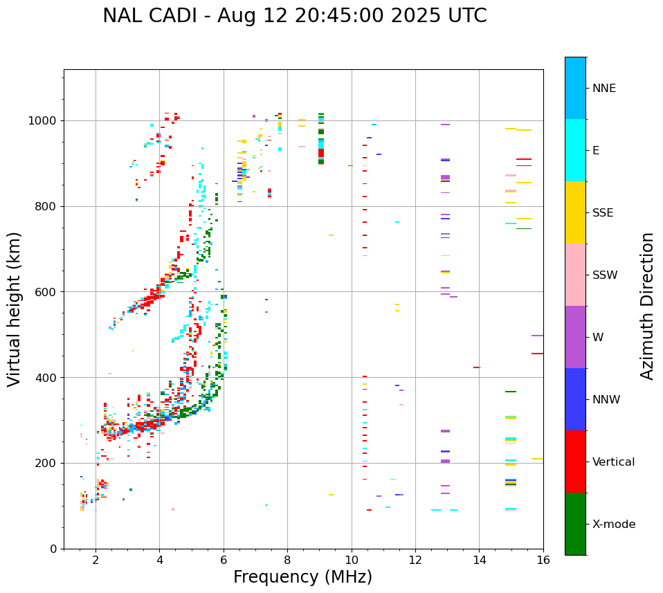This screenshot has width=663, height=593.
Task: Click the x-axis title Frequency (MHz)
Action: tap(302, 577)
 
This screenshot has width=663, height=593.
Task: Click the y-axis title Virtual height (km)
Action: tap(15, 309)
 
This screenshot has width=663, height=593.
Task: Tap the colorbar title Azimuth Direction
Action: tap(647, 306)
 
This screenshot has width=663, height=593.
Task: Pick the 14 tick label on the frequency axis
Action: tap(479, 560)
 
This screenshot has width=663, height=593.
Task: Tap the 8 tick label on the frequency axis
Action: tap(287, 560)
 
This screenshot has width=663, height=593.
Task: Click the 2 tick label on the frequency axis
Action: tap(96, 560)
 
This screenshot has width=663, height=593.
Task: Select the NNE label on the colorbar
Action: tap(603, 89)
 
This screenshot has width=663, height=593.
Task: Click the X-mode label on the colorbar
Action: tap(614, 524)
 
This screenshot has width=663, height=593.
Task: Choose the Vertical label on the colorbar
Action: tap(613, 462)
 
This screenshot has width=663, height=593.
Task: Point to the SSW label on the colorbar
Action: tap(605, 275)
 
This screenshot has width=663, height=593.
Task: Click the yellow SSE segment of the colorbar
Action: tap(575, 212)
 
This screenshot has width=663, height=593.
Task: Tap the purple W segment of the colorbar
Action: tap(575, 337)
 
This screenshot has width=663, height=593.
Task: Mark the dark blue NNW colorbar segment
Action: tap(575, 399)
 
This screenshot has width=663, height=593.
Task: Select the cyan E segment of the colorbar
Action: tap(575, 150)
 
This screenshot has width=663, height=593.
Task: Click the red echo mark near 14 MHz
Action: tap(476, 367)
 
